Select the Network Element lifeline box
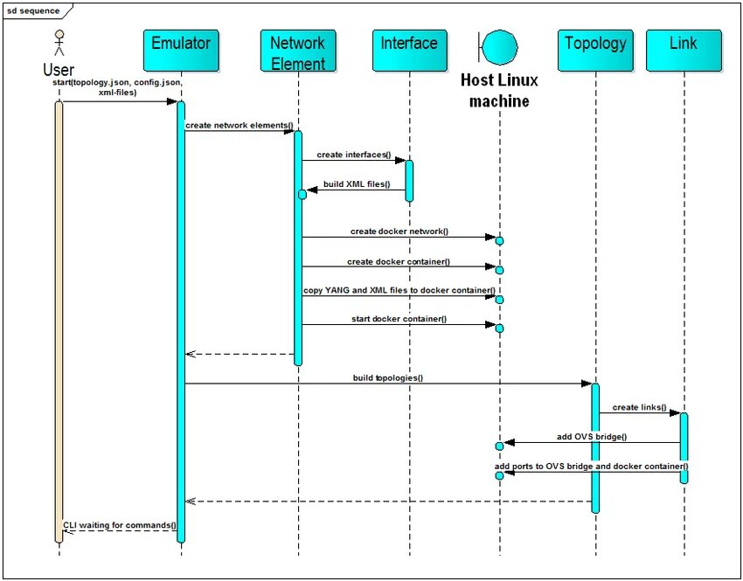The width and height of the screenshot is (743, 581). [297, 52]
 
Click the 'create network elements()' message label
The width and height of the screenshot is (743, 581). [239, 125]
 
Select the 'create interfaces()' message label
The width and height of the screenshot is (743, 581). [353, 155]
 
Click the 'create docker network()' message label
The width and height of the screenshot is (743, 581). [399, 232]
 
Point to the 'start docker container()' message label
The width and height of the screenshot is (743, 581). [398, 319]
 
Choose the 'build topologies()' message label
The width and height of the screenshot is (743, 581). [387, 377]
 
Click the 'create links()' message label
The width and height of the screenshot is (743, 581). [639, 407]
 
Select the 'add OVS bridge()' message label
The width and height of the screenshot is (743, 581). [591, 436]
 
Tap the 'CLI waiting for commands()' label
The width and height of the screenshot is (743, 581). [119, 525]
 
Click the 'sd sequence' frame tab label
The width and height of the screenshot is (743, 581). [34, 10]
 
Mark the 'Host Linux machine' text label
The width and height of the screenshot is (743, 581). [499, 91]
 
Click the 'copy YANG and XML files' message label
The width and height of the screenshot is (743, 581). [399, 290]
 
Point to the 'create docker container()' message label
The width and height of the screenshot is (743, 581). [398, 261]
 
